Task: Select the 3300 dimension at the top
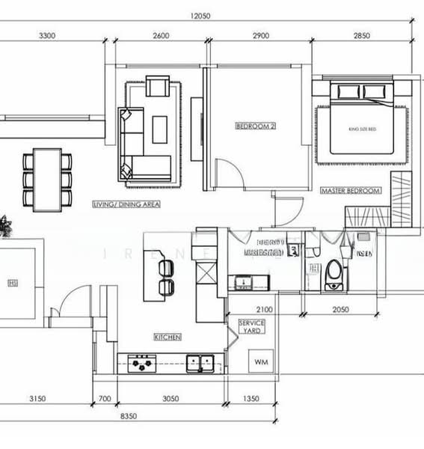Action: coord(47,36)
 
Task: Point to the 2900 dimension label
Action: coord(262,36)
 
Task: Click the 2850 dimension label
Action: coord(361,36)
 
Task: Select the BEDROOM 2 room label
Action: coord(256,126)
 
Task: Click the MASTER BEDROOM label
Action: coord(350,191)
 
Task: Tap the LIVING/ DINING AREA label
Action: coord(126,204)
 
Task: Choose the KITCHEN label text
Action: coord(168,337)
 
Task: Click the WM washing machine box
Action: coord(260,362)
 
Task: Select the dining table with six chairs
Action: coord(48,179)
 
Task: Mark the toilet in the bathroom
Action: coord(334,274)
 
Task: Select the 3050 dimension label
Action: coord(170,399)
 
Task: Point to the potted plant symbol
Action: coord(5,224)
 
